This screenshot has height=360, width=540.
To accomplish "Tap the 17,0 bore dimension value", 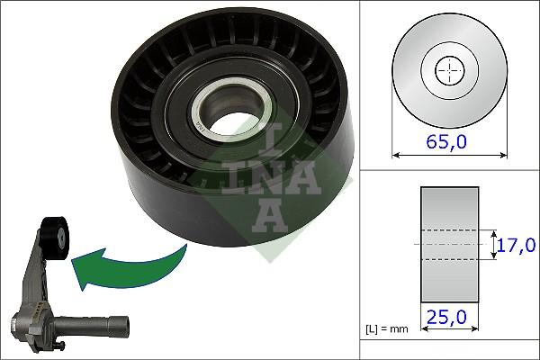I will click(518, 244).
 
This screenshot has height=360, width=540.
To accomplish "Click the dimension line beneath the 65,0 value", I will click(448, 155).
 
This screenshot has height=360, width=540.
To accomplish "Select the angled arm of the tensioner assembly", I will click(36, 274).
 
